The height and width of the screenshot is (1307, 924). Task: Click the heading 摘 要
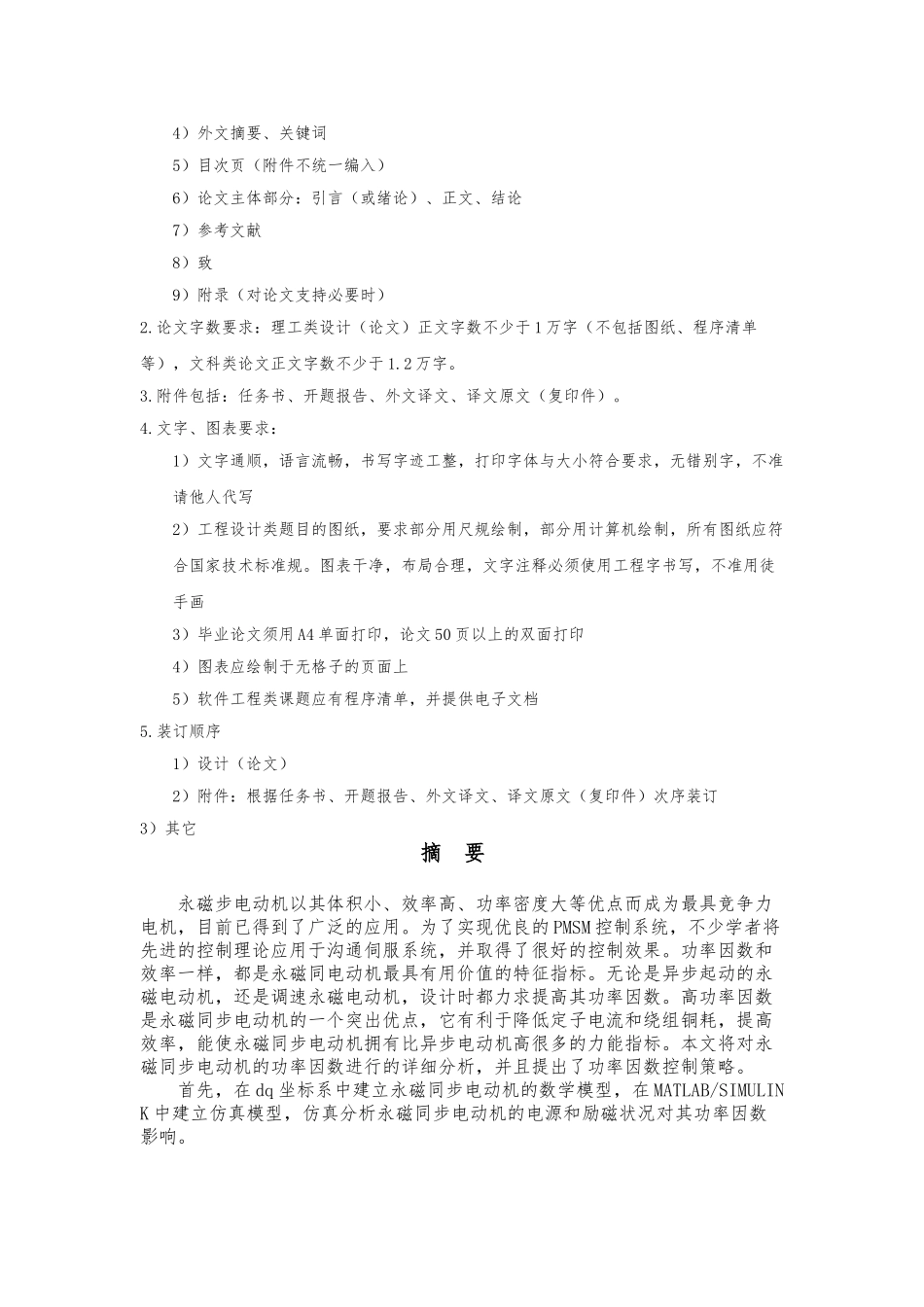pyautogui.click(x=452, y=854)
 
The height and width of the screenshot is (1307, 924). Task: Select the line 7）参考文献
pyautogui.click(x=216, y=230)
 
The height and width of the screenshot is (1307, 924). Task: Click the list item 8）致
pyautogui.click(x=192, y=263)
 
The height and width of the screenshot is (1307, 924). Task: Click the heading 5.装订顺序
pyautogui.click(x=181, y=731)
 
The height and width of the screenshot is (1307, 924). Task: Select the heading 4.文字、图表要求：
pyautogui.click(x=209, y=428)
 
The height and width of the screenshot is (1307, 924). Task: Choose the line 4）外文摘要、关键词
pyautogui.click(x=248, y=133)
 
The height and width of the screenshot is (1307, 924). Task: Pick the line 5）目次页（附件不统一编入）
pyautogui.click(x=278, y=165)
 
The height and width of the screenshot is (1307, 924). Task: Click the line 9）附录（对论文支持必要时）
pyautogui.click(x=278, y=295)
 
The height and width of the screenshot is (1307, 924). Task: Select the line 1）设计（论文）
pyautogui.click(x=230, y=763)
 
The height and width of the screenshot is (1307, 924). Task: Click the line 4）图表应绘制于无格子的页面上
pyautogui.click(x=290, y=667)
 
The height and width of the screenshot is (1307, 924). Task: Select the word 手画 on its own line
pyautogui.click(x=189, y=603)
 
